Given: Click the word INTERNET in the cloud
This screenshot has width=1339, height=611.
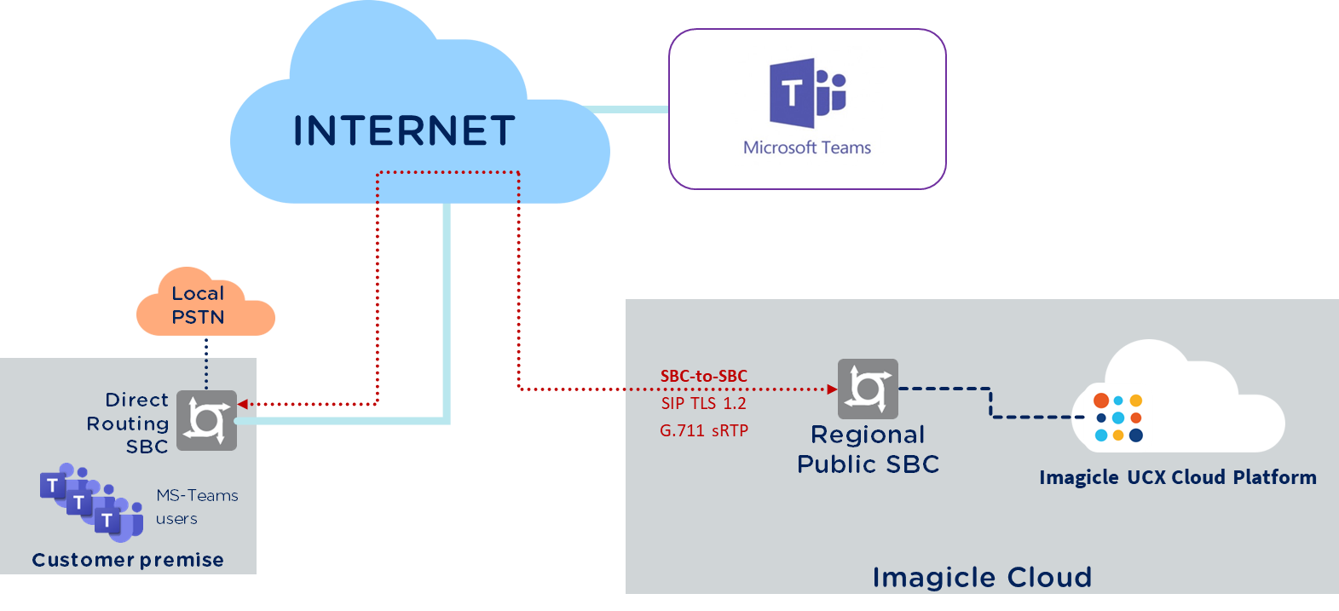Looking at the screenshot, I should (x=404, y=131).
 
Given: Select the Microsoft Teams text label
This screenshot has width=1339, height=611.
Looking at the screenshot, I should (x=807, y=147).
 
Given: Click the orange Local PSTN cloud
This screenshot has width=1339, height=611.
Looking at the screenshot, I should (x=205, y=305).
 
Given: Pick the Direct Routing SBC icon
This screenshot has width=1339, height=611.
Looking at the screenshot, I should (x=206, y=420).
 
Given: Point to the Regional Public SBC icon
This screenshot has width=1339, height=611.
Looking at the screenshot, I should (x=868, y=389).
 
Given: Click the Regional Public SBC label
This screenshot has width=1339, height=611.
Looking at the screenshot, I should (x=868, y=449).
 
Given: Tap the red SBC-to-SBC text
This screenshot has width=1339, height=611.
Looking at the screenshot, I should (x=703, y=376).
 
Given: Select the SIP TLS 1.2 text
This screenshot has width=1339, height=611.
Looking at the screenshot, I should (x=703, y=403).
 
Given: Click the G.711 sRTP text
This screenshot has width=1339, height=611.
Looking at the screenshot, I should (x=704, y=430).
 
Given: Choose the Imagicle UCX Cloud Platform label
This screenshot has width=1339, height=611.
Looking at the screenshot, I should (x=1177, y=477).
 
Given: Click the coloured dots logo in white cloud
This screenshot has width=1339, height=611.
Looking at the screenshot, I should (x=1118, y=418).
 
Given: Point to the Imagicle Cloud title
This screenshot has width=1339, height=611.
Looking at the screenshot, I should (x=982, y=577).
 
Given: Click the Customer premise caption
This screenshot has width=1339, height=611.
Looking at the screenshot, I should (x=128, y=560).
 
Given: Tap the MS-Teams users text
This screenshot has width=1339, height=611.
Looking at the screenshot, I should (x=196, y=507).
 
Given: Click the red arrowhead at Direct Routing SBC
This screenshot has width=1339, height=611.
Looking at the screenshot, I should (x=243, y=404).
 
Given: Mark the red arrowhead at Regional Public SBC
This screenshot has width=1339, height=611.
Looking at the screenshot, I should (x=833, y=389).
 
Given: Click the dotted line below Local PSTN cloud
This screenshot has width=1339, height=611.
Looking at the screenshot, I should (x=206, y=363).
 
